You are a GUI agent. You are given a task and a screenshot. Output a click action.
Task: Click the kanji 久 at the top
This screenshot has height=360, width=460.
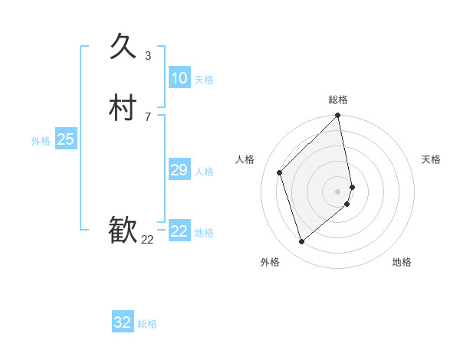click(123, 47)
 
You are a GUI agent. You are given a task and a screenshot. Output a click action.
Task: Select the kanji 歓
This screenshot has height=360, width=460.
click(123, 231)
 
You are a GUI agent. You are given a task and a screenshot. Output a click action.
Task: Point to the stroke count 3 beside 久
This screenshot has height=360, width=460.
click(148, 56)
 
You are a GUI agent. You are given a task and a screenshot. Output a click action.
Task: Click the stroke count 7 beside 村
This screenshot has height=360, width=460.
click(148, 116)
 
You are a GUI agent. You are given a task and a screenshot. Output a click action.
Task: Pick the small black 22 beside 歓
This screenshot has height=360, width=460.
click(148, 240)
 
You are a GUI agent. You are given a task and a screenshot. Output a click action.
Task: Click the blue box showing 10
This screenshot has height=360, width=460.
click(179, 78)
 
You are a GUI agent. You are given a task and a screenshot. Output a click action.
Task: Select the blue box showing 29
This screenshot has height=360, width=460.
click(179, 170)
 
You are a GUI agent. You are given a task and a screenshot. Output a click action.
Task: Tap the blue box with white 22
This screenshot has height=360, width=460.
click(179, 231)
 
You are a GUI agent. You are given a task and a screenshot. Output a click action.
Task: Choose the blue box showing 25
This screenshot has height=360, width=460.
click(65, 139)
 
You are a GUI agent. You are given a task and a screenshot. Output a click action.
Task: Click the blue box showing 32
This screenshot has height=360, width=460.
click(123, 322)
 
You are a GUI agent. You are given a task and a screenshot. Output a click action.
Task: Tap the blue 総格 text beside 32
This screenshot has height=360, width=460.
click(147, 324)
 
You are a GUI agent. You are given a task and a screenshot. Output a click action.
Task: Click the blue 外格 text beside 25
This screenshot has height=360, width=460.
click(41, 141)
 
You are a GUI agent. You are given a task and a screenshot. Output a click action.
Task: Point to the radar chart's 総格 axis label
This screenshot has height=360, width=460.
click(338, 100)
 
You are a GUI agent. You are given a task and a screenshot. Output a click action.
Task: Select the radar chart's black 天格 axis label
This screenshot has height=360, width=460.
click(431, 159)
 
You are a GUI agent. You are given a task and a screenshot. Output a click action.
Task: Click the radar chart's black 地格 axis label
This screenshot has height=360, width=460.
click(402, 263)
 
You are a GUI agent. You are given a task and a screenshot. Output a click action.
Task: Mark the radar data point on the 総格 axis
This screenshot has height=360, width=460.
click(338, 116)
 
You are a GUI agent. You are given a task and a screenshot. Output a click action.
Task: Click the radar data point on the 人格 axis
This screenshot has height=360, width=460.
click(280, 172)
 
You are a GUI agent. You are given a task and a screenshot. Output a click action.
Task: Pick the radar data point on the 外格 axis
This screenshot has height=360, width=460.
click(301, 242)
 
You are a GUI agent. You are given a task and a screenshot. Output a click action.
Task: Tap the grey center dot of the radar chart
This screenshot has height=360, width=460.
click(338, 191)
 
